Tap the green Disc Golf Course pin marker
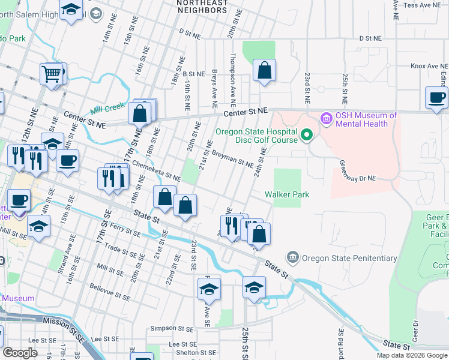coord(307,134)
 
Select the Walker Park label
coord(287,194)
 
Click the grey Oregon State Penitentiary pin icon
coord(293,258)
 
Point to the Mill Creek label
coord(107,109)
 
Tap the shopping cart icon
coord(52,74)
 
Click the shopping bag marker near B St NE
coord(264,71)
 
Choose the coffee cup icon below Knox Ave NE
coord(436,97)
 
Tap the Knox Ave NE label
coord(429,66)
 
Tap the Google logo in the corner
coord(20,353)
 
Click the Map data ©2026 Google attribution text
coord(412,355)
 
